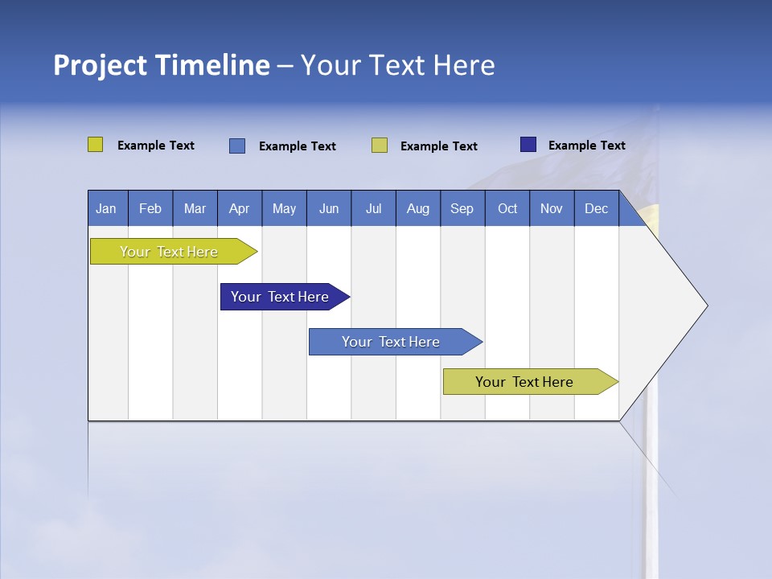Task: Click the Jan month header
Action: click(x=107, y=208)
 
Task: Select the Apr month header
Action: click(x=240, y=208)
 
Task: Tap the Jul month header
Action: click(x=373, y=208)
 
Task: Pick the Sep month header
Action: click(x=462, y=208)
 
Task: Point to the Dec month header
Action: click(x=596, y=208)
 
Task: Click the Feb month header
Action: click(x=150, y=208)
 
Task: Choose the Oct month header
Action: click(x=507, y=208)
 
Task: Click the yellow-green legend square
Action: click(x=95, y=145)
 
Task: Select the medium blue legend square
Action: click(x=236, y=146)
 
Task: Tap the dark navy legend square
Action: click(x=528, y=145)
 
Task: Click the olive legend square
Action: click(x=379, y=146)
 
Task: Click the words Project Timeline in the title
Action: click(x=161, y=65)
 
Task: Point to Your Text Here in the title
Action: click(x=397, y=65)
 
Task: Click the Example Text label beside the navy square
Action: click(x=586, y=146)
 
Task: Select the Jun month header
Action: click(x=329, y=208)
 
